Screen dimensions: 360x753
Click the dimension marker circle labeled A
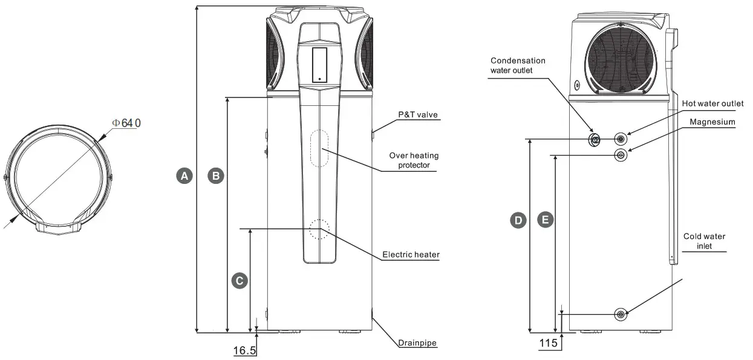tap(184, 176)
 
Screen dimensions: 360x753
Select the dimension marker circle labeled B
tap(215, 176)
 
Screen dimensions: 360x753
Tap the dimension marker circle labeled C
tap(240, 281)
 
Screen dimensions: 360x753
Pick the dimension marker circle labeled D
tap(518, 220)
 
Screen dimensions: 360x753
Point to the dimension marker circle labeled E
tap(546, 220)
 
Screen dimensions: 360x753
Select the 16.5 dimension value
tap(244, 350)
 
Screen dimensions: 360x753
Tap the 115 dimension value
tap(548, 343)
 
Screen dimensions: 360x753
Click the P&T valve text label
tap(417, 114)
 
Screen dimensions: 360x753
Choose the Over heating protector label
tap(414, 160)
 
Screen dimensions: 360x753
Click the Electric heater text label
tap(411, 255)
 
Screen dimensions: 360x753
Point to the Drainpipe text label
tap(417, 343)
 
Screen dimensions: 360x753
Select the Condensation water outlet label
tap(518, 65)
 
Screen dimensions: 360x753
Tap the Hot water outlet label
tap(712, 104)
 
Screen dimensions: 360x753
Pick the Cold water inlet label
tap(704, 241)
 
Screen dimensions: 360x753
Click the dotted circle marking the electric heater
tap(319, 229)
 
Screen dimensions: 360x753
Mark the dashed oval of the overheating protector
tap(319, 148)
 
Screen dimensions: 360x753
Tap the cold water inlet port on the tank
tap(621, 314)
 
